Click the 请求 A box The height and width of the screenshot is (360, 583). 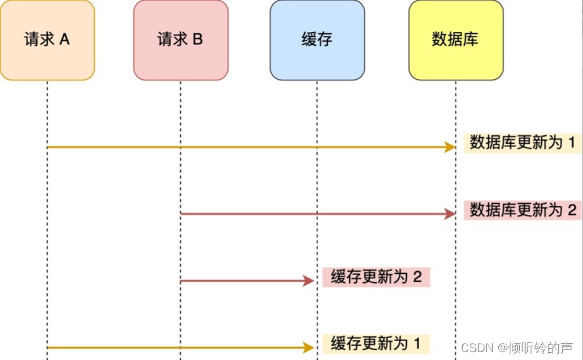click(x=47, y=41)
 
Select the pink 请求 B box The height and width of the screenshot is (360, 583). click(x=181, y=41)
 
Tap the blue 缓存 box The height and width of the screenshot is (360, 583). click(x=317, y=41)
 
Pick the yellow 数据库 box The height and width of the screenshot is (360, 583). click(x=456, y=41)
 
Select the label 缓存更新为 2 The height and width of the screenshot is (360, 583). click(x=376, y=277)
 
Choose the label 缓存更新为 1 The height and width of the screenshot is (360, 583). click(x=376, y=343)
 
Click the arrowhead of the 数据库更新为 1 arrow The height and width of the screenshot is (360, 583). click(x=450, y=147)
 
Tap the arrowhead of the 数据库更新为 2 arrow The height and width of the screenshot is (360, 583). click(x=450, y=214)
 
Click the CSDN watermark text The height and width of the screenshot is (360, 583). click(x=476, y=348)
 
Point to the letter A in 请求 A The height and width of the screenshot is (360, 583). click(x=64, y=39)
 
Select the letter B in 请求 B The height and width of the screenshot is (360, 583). click(x=197, y=39)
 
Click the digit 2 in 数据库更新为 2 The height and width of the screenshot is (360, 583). click(x=573, y=210)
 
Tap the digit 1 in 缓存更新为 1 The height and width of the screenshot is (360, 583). click(x=417, y=343)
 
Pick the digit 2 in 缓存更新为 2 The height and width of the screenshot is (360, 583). click(x=417, y=277)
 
